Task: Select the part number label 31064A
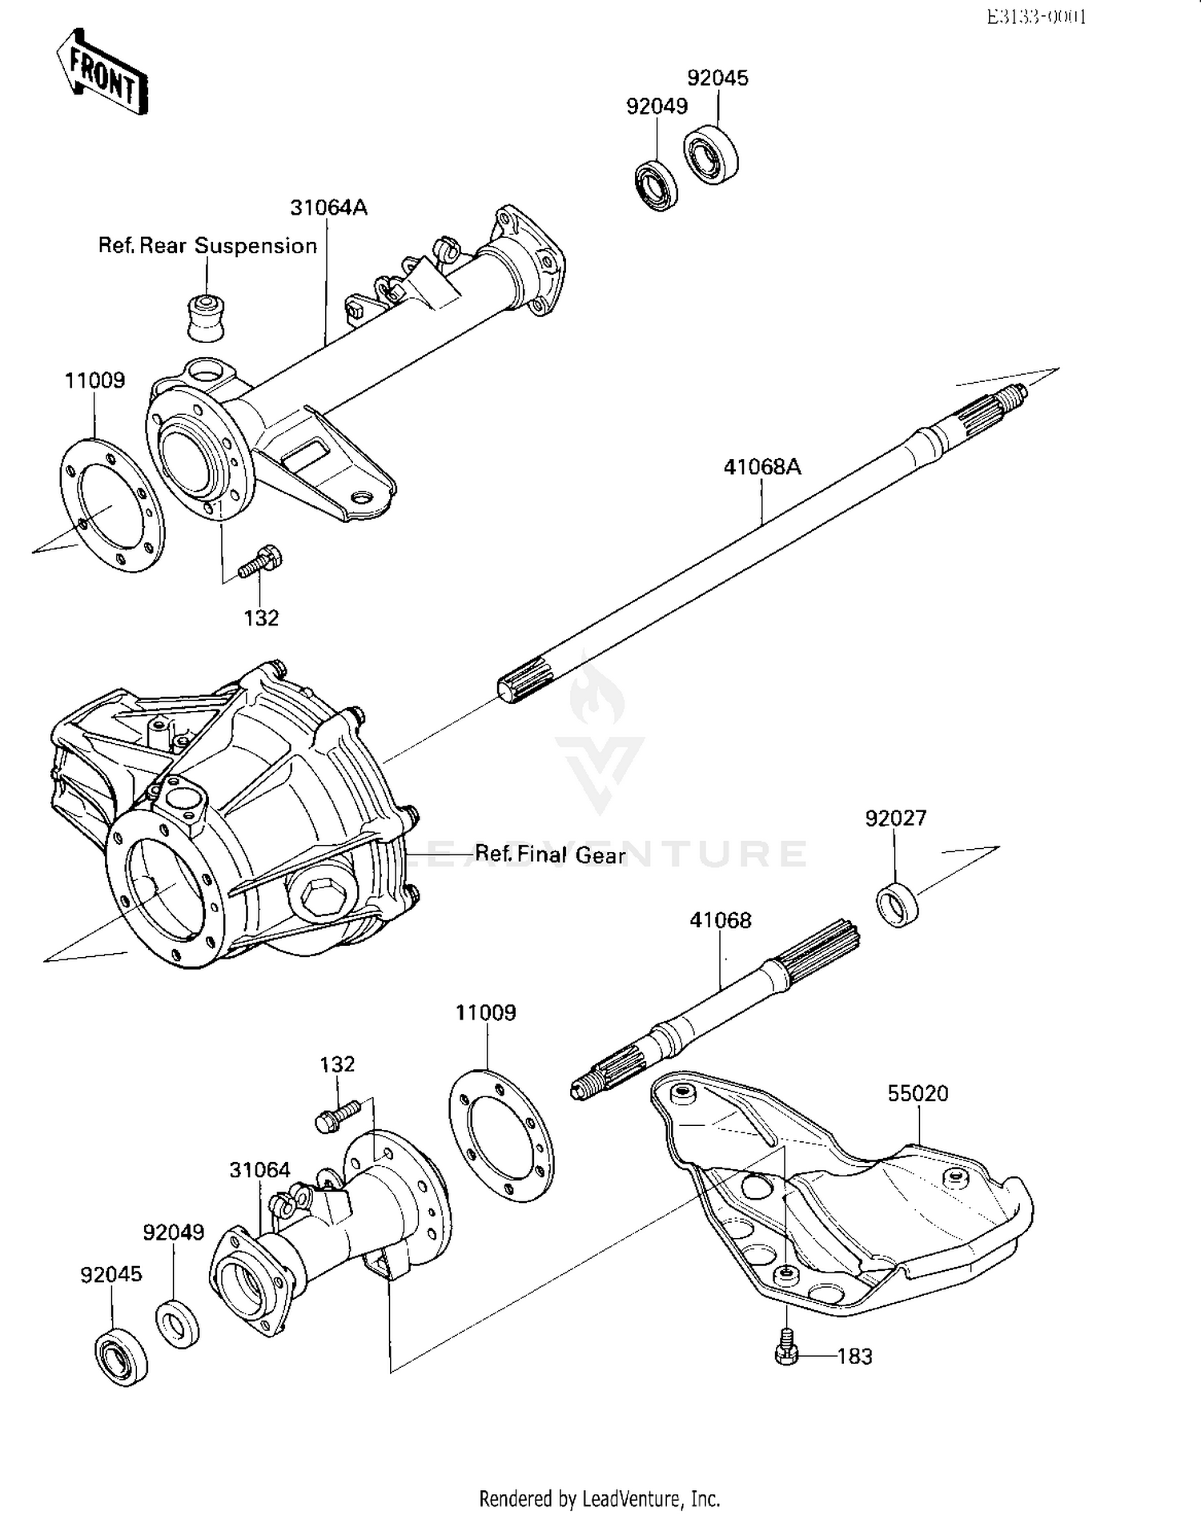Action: pyautogui.click(x=328, y=208)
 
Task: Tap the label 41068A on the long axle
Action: pyautogui.click(x=761, y=467)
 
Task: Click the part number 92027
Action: pyautogui.click(x=895, y=818)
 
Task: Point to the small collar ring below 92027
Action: pyautogui.click(x=898, y=903)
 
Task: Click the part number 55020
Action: pyautogui.click(x=918, y=1094)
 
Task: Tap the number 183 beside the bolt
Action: pyautogui.click(x=854, y=1357)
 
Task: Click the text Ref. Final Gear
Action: pyautogui.click(x=550, y=855)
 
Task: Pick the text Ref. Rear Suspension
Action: pyautogui.click(x=207, y=246)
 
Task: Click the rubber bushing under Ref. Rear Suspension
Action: pyautogui.click(x=205, y=318)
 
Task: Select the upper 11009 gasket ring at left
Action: pyautogui.click(x=112, y=506)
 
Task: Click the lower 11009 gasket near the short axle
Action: pyautogui.click(x=501, y=1137)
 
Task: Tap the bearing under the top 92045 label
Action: pyautogui.click(x=710, y=155)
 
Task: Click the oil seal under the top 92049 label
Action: pyautogui.click(x=657, y=186)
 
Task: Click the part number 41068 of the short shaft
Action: pyautogui.click(x=721, y=921)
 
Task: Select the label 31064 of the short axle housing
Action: pyautogui.click(x=259, y=1170)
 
